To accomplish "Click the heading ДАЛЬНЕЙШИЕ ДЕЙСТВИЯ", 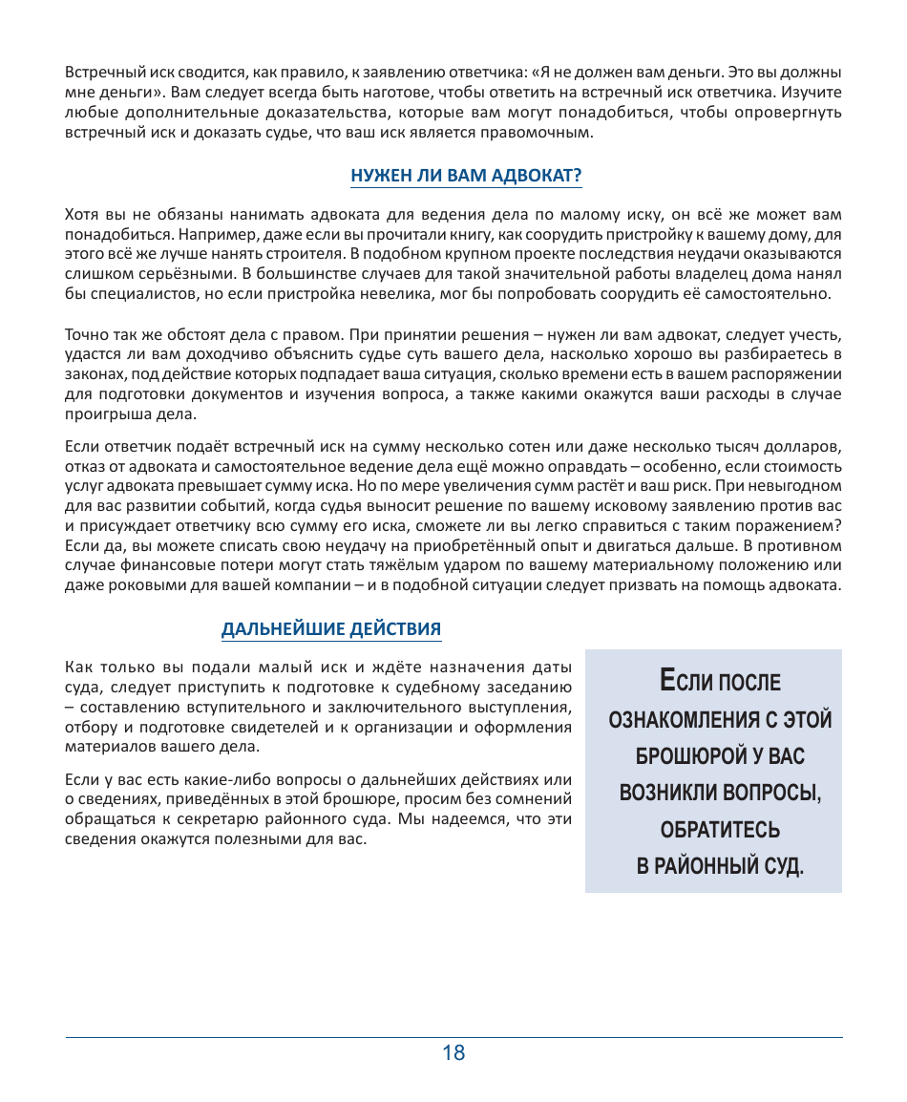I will pos(331,629).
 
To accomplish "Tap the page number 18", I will pos(453,1053).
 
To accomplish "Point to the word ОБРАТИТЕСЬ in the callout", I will pos(721,829).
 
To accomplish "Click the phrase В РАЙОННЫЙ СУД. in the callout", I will pos(721,866).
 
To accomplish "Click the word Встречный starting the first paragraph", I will pos(99,72).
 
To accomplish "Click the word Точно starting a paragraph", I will pos(84,335).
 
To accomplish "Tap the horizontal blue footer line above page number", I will pos(453,1037).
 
